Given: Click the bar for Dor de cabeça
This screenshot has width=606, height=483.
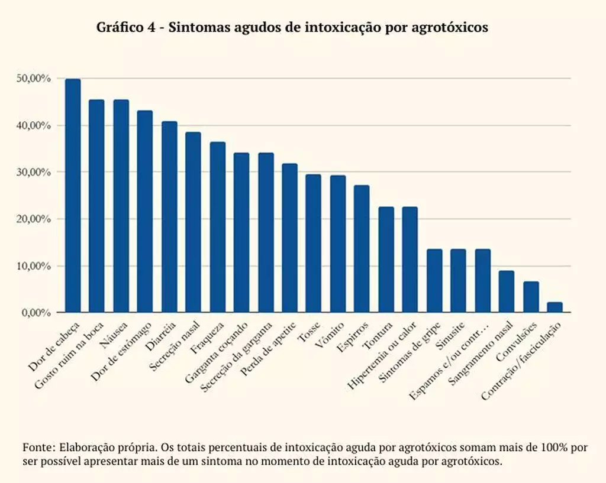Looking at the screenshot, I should pyautogui.click(x=73, y=195).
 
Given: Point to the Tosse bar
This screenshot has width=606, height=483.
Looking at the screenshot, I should pyautogui.click(x=314, y=243).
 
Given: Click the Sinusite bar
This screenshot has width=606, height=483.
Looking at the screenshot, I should pyautogui.click(x=458, y=280).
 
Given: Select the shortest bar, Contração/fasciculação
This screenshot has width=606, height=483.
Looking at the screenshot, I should pyautogui.click(x=555, y=307).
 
